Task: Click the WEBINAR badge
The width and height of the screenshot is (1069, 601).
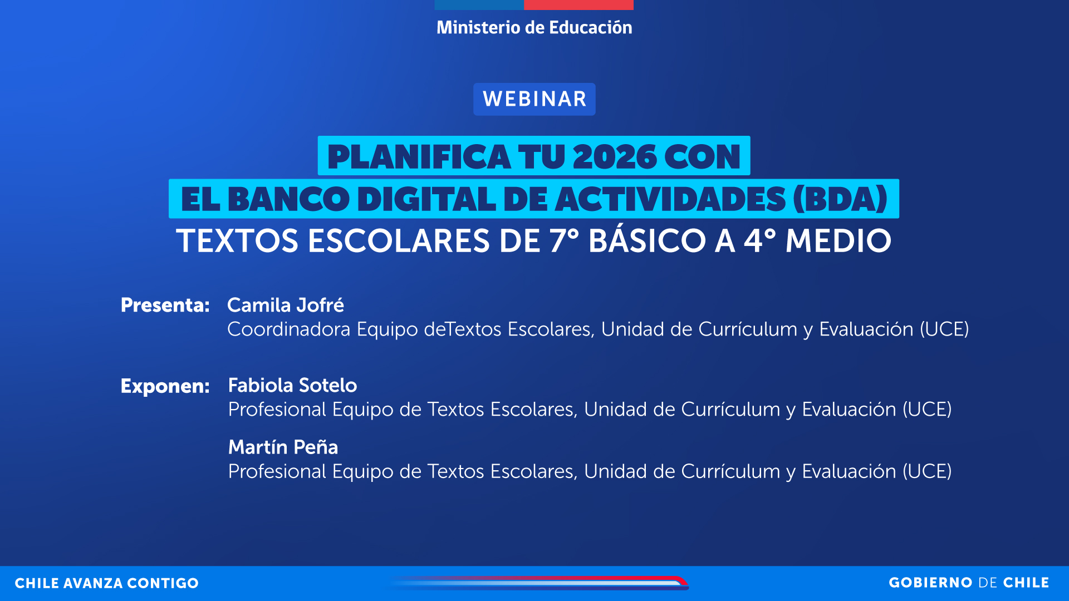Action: (x=534, y=99)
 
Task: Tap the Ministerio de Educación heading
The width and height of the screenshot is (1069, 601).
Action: (x=534, y=27)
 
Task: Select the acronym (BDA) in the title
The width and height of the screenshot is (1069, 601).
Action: (x=840, y=199)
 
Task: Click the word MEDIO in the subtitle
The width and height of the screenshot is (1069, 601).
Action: (x=838, y=241)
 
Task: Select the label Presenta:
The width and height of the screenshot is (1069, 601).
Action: (x=165, y=305)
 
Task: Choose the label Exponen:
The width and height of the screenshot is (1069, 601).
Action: (x=165, y=386)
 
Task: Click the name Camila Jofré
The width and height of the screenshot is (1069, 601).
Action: (x=285, y=305)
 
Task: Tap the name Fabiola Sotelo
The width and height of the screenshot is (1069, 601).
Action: (x=292, y=385)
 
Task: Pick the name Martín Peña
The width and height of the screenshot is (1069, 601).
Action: (x=283, y=447)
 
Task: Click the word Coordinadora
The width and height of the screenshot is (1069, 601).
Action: (x=288, y=329)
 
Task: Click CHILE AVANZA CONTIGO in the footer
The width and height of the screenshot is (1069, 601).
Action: (x=106, y=583)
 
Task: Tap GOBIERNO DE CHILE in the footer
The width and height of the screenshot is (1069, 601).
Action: (x=969, y=583)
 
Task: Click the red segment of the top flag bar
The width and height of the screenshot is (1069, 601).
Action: (x=578, y=4)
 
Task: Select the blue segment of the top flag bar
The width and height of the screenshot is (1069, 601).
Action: (x=479, y=4)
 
